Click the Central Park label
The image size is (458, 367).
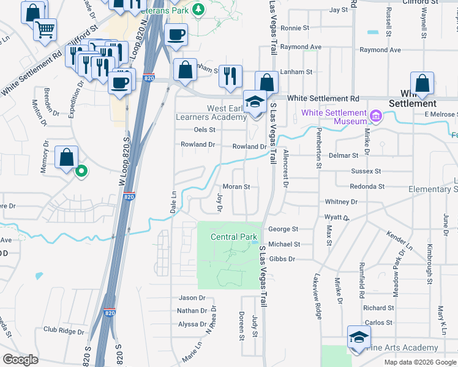pyautogui.click(x=234, y=237)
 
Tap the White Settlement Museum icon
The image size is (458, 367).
pyautogui.click(x=376, y=115)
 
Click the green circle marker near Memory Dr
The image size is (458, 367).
pyautogui.click(x=81, y=172)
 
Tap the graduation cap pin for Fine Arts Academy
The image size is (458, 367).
pyautogui.click(x=359, y=336)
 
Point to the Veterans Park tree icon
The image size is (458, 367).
pyautogui.click(x=198, y=9)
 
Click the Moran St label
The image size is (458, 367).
pyautogui.click(x=236, y=187)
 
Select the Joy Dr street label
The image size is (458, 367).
pyautogui.click(x=219, y=202)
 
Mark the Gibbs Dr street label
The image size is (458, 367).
pyautogui.click(x=282, y=259)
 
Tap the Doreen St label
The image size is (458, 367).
pyautogui.click(x=241, y=326)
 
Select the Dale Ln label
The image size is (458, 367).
pyautogui.click(x=173, y=201)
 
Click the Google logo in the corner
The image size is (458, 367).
pyautogui.click(x=20, y=359)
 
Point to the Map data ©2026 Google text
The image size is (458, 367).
pyautogui.click(x=419, y=362)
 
